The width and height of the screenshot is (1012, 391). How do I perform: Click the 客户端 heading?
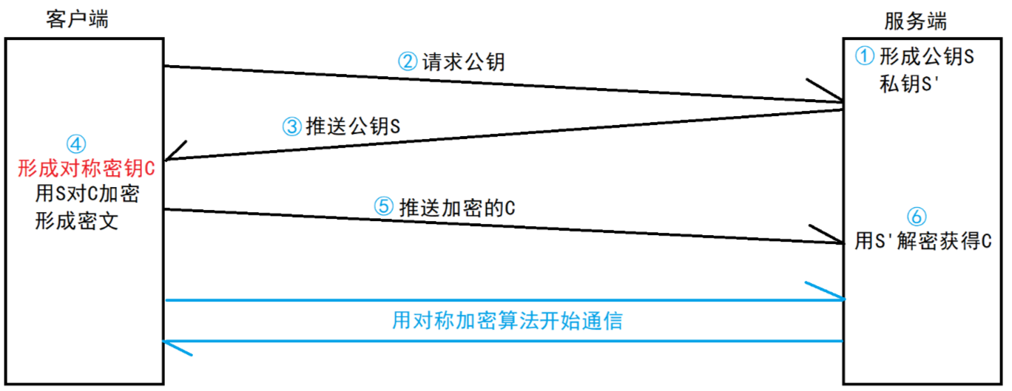[x=76, y=19]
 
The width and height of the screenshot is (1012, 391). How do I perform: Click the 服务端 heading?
[x=915, y=21]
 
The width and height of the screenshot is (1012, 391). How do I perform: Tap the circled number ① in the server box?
[x=865, y=55]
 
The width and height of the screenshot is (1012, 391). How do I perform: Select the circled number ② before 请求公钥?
[x=408, y=61]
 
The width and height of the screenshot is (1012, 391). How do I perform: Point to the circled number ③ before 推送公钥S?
[x=292, y=126]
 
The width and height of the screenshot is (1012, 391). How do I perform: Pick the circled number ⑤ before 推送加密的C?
[x=382, y=206]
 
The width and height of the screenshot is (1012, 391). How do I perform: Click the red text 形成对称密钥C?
[x=87, y=169]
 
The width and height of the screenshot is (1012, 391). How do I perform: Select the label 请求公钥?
[x=463, y=61]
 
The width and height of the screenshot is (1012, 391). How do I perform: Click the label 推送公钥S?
[x=353, y=126]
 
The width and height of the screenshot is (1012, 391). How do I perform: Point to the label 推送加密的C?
[x=456, y=207]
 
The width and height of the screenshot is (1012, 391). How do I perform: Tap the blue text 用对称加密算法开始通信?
[x=507, y=321]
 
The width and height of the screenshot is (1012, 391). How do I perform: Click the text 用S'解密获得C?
[x=922, y=241]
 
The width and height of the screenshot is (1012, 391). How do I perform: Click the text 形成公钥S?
[x=925, y=56]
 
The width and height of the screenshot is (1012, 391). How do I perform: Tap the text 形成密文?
[x=76, y=221]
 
